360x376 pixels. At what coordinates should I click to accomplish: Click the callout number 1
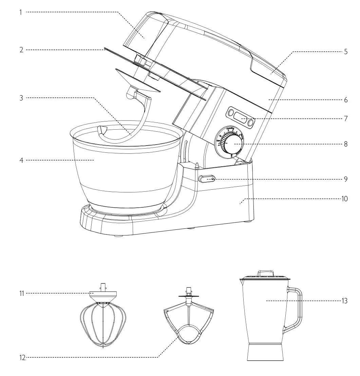coord(20,13)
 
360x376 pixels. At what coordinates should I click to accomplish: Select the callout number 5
coord(345,52)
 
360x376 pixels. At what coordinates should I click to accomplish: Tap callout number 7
coord(345,119)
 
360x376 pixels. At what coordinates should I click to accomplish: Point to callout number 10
coord(344,199)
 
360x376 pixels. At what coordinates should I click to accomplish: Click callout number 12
coord(22,357)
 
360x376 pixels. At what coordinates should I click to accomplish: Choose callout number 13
coord(344,301)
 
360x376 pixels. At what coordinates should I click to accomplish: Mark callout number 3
coord(21,98)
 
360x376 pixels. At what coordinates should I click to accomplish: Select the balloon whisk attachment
coord(102,319)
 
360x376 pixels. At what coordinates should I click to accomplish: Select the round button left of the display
coord(230,112)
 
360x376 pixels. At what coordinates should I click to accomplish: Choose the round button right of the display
coord(251,123)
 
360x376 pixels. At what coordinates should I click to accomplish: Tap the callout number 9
coord(345,179)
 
